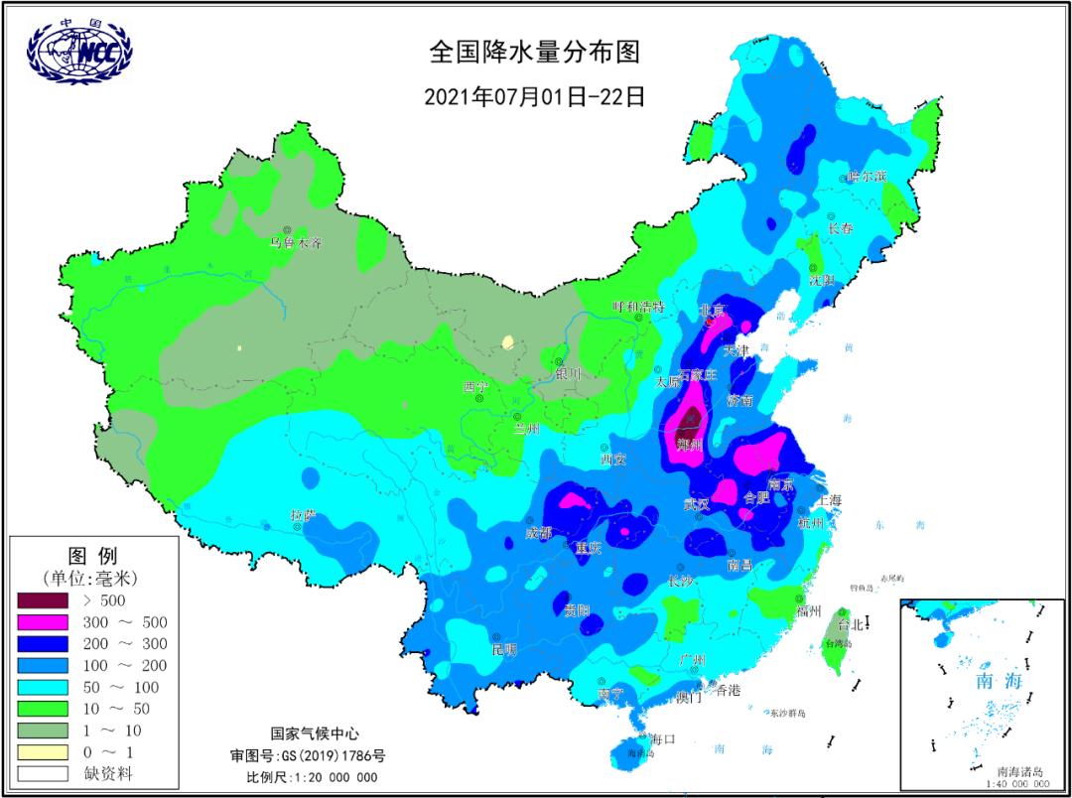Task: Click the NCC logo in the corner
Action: tap(79, 50)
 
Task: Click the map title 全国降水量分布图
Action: tap(535, 51)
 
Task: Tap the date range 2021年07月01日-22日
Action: tap(535, 96)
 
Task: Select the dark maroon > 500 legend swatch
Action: tap(43, 600)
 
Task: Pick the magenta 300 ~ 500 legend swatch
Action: tap(43, 622)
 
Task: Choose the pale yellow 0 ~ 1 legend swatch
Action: tap(43, 751)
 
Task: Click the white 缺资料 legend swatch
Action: tap(43, 773)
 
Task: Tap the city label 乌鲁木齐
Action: tap(297, 242)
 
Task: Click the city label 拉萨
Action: tap(303, 515)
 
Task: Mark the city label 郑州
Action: tap(689, 445)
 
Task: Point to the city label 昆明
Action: tap(504, 650)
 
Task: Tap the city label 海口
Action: tap(662, 738)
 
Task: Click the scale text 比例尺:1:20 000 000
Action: tap(312, 776)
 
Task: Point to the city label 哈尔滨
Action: tap(867, 176)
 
